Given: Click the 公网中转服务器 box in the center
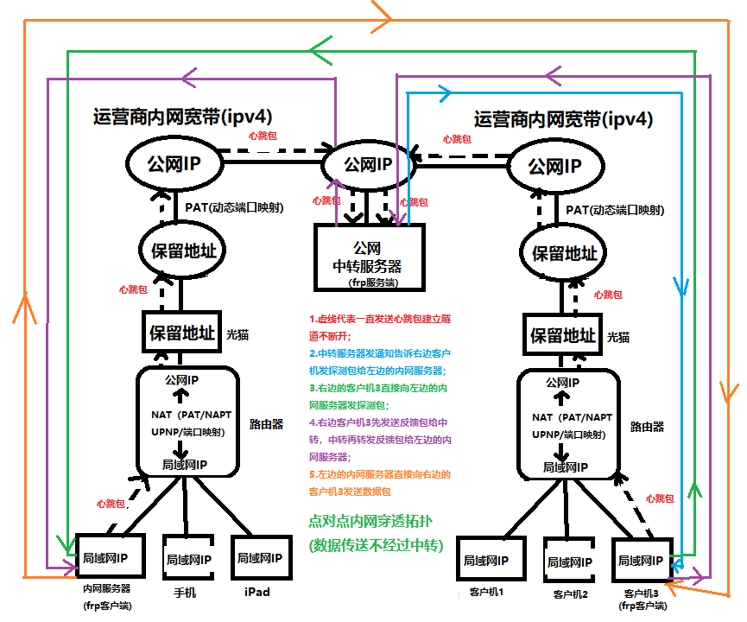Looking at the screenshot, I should click(370, 256).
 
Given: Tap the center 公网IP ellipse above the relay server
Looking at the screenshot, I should click(367, 163).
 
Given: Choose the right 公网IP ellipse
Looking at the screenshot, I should click(554, 165).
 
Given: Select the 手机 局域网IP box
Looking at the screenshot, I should click(187, 560).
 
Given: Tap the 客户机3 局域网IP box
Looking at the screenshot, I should click(640, 561).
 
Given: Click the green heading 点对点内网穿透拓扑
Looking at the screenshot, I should click(372, 522).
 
